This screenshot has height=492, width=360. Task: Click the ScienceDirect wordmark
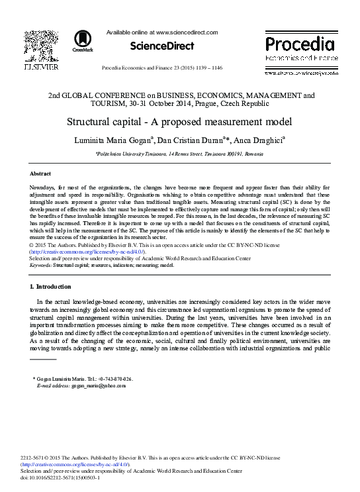click(x=162, y=46)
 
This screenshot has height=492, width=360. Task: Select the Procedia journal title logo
click(x=300, y=45)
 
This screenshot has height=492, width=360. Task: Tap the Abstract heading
click(x=40, y=173)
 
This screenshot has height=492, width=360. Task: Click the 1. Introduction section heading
click(x=50, y=286)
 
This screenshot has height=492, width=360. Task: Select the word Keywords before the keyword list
click(x=41, y=264)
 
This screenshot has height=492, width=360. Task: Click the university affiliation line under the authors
click(x=179, y=153)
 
